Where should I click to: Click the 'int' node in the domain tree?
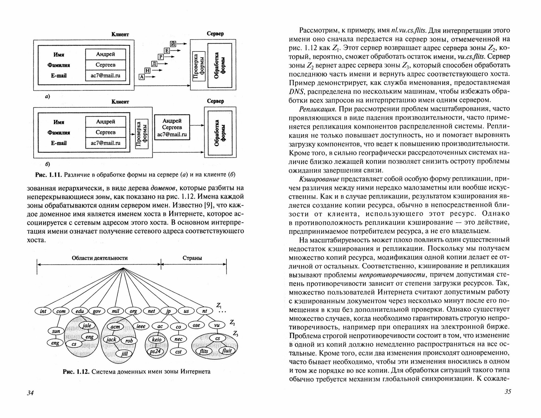43,311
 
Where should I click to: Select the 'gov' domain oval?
97,311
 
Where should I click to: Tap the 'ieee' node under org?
141,326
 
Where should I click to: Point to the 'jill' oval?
124,354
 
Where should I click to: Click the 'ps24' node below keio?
156,351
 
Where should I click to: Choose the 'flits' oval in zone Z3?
203,351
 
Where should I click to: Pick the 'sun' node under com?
56,331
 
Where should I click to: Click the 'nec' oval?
179,339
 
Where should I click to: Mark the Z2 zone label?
232,323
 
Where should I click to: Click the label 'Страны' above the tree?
192,258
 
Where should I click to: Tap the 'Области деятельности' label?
100,258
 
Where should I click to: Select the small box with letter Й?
173,43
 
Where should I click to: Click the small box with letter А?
142,77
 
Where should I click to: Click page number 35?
507,392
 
